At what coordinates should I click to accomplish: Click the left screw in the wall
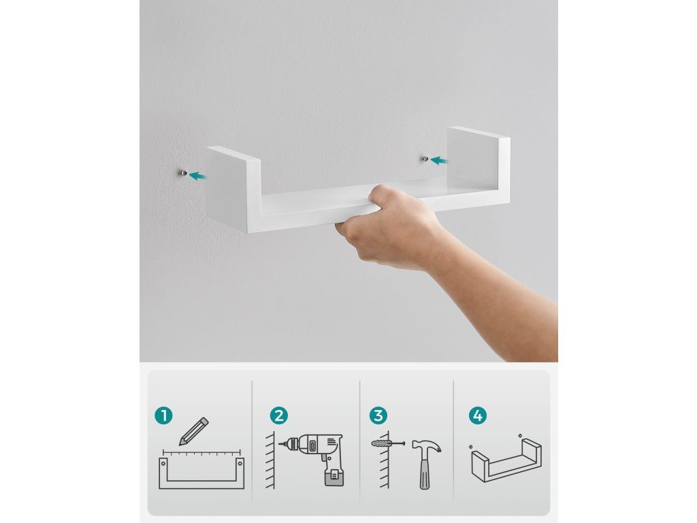pyautogui.click(x=184, y=172)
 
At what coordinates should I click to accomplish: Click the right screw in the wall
pyautogui.click(x=425, y=158)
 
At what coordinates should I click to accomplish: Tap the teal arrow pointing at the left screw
pyautogui.click(x=197, y=176)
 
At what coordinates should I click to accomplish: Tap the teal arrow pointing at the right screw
pyautogui.click(x=439, y=160)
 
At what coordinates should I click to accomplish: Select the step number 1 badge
pyautogui.click(x=163, y=416)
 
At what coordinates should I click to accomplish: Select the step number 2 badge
pyautogui.click(x=278, y=416)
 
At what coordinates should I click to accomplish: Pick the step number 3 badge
pyautogui.click(x=378, y=416)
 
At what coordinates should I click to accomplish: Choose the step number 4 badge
pyautogui.click(x=477, y=416)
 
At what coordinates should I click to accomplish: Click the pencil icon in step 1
pyautogui.click(x=194, y=431)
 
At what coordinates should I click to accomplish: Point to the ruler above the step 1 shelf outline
pyautogui.click(x=201, y=453)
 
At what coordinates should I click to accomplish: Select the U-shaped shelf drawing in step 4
pyautogui.click(x=506, y=461)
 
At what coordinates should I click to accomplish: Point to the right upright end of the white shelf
pyautogui.click(x=479, y=165)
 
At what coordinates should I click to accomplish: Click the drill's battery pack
pyautogui.click(x=334, y=477)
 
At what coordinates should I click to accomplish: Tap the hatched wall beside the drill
pyautogui.click(x=270, y=460)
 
